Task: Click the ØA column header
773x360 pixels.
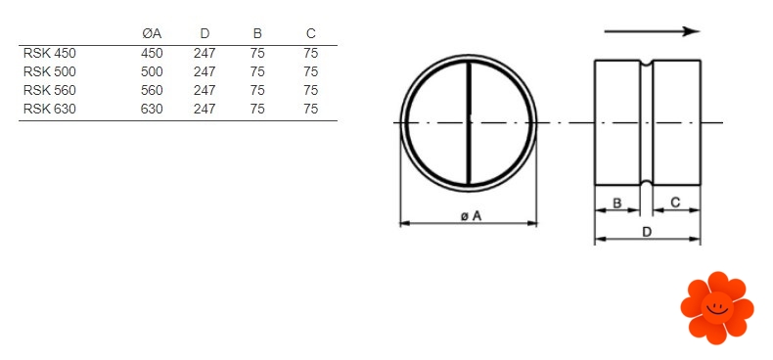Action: [x=151, y=34]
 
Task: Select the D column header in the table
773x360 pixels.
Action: [x=205, y=34]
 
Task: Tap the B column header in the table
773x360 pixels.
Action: [x=257, y=34]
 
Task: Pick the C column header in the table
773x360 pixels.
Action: [x=310, y=34]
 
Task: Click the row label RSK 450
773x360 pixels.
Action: [x=49, y=53]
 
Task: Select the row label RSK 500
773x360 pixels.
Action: [x=49, y=71]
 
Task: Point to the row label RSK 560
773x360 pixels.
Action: [x=49, y=90]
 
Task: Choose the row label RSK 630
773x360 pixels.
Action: [x=49, y=109]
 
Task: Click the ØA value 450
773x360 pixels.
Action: [x=152, y=53]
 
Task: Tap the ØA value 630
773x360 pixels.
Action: [x=152, y=109]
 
